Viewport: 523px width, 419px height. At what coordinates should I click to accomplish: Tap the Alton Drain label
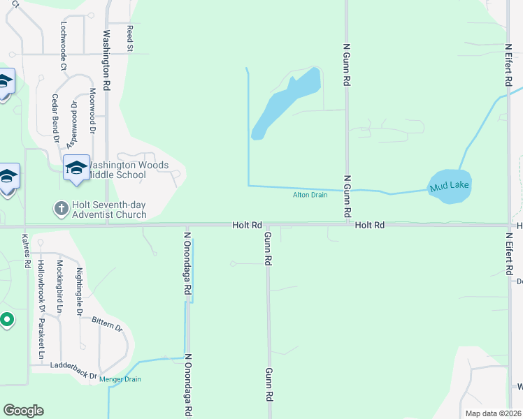pyautogui.click(x=310, y=195)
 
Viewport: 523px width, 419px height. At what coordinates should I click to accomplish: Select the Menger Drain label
pyautogui.click(x=120, y=379)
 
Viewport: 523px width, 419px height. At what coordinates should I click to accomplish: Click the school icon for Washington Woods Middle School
pyautogui.click(x=77, y=168)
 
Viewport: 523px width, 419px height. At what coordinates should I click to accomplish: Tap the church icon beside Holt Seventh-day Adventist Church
pyautogui.click(x=61, y=208)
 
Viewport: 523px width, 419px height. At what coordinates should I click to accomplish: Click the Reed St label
pyautogui.click(x=129, y=38)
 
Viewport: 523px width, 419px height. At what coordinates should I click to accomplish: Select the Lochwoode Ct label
pyautogui.click(x=63, y=46)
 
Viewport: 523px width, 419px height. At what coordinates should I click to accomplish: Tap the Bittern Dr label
pyautogui.click(x=107, y=323)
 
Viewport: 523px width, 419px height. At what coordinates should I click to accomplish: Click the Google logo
pyautogui.click(x=23, y=411)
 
